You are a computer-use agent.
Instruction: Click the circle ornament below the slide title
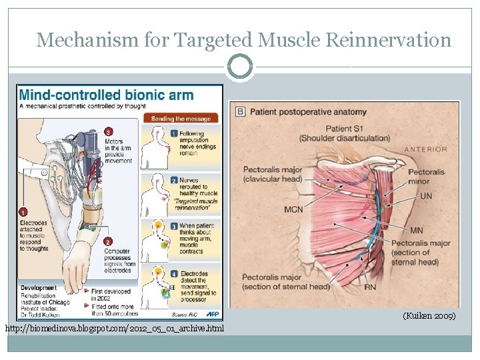coord(240,67)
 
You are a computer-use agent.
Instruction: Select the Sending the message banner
coord(181,119)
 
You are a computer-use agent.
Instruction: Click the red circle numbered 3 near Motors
coord(109,131)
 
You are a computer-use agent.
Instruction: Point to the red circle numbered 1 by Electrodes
coord(23,211)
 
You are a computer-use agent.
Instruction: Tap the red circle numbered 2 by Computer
coord(108,241)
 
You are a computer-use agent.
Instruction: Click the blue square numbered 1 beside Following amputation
coord(174,134)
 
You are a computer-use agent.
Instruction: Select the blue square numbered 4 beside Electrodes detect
coord(174,273)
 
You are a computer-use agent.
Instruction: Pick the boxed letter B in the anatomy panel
coord(240,111)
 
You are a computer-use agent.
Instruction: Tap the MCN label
coord(293,209)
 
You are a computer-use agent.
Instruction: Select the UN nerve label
coord(426,196)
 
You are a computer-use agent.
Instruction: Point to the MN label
coord(417,231)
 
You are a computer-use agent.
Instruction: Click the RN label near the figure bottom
coord(371,287)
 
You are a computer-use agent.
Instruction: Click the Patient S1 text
coord(344,129)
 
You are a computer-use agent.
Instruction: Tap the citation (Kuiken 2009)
coord(429,315)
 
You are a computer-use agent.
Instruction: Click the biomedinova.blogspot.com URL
coord(115,329)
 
